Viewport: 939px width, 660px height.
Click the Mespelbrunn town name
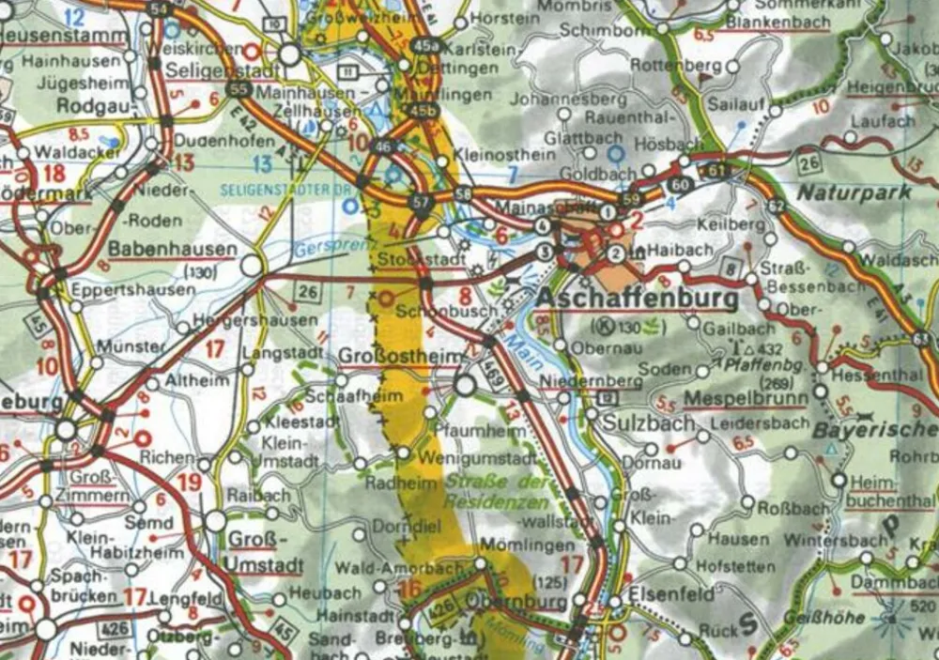(746, 398)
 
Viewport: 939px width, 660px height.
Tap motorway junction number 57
(420, 202)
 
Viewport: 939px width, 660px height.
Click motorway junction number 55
(239, 90)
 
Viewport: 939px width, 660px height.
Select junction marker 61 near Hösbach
(718, 170)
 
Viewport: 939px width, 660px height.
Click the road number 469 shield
(493, 369)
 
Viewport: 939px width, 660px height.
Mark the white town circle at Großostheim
(465, 385)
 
